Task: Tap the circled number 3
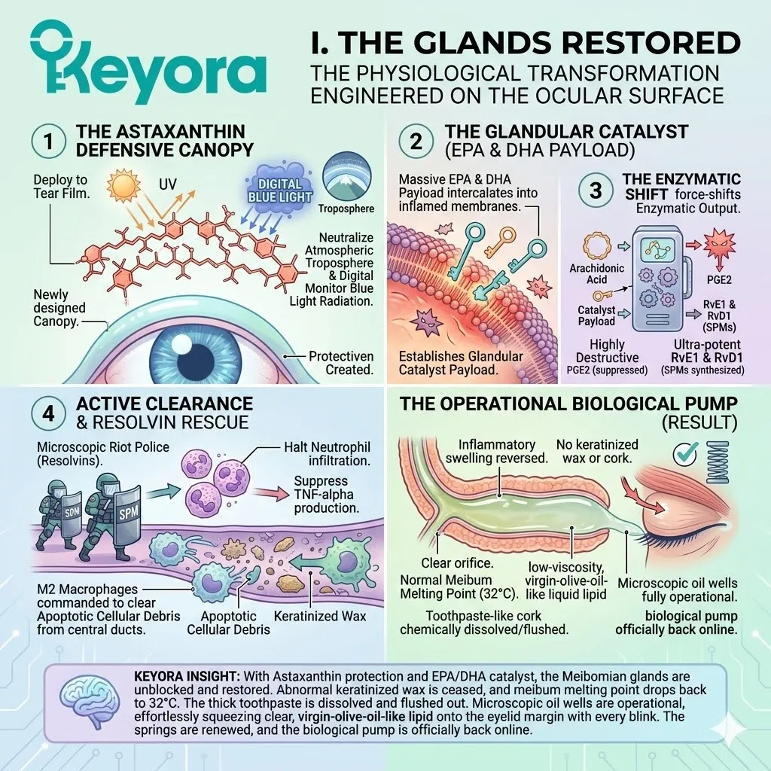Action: pyautogui.click(x=595, y=190)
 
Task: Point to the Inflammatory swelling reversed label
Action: pyautogui.click(x=490, y=450)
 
